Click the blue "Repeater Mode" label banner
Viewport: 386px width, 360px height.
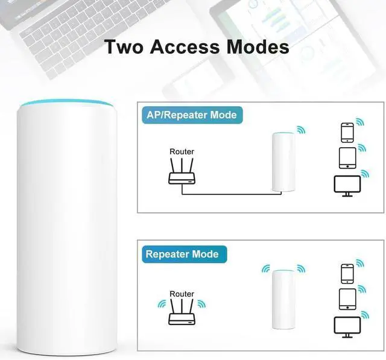click(x=182, y=254)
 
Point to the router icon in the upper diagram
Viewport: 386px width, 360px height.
click(x=182, y=174)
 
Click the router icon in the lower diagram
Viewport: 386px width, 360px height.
click(x=182, y=314)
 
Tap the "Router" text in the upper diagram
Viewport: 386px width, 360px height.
click(x=182, y=152)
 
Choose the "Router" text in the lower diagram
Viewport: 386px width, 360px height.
click(x=182, y=294)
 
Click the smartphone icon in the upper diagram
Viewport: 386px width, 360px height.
click(x=347, y=133)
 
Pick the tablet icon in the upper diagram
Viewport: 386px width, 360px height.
click(x=347, y=158)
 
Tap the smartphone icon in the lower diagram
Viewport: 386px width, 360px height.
click(x=347, y=274)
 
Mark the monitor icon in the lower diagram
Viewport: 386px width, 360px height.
click(x=347, y=326)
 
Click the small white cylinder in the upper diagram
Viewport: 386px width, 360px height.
click(x=283, y=161)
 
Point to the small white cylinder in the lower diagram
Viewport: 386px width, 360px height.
click(x=283, y=299)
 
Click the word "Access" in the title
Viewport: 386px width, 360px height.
click(x=186, y=47)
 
